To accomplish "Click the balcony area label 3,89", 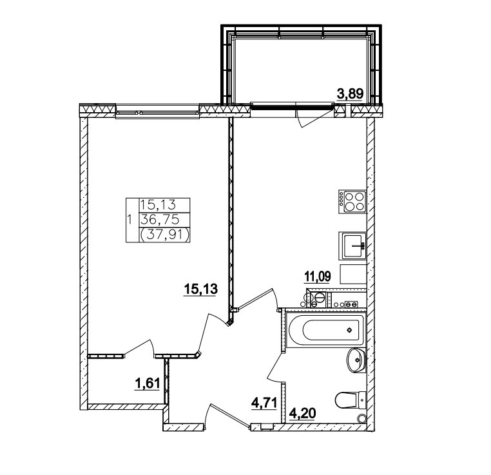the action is (x=349, y=94).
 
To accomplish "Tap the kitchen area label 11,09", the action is (x=318, y=276).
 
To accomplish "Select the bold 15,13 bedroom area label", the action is (x=200, y=289).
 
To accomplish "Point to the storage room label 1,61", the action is (x=147, y=383).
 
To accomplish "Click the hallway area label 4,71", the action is (x=264, y=403).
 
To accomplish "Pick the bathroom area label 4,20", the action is (x=302, y=414).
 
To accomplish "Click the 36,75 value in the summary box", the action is (x=160, y=220).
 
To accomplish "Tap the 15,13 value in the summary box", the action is (x=159, y=205).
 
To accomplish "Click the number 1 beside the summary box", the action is (x=130, y=220).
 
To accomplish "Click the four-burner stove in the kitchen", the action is (x=352, y=201).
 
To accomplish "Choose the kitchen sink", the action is (x=352, y=246).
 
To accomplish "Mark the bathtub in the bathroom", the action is (x=325, y=330).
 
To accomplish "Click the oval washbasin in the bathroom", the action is (x=356, y=360).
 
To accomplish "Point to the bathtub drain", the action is (x=349, y=330).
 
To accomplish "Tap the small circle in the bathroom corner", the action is (x=362, y=418).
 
